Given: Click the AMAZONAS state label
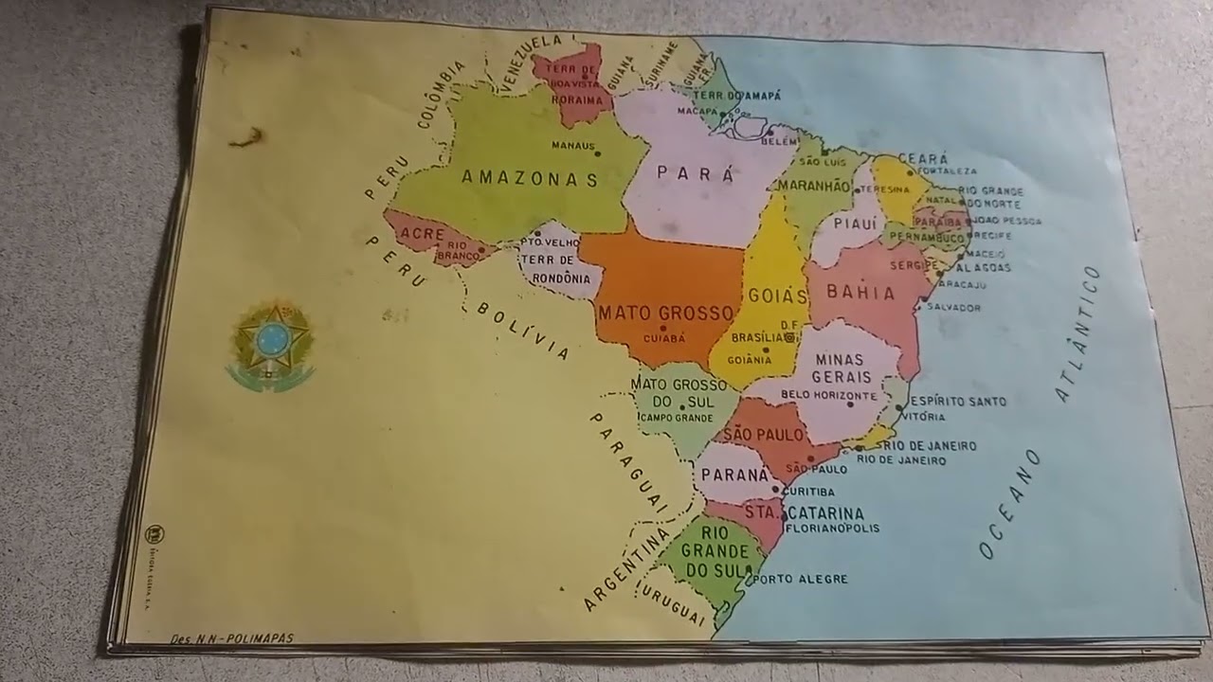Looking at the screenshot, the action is coord(530,178).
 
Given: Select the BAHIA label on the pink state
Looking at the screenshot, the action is coord(860,292).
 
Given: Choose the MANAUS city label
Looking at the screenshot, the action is coord(576,146).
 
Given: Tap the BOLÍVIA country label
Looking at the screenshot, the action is coord(523,331).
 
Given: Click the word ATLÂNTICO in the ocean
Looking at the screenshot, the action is coord(1079,332).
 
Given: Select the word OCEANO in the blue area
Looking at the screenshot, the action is coord(1010,503).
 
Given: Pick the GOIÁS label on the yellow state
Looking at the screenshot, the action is coord(777,296).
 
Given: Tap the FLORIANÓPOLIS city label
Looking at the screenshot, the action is coord(832,529).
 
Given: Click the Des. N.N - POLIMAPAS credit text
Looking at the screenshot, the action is coord(231,638).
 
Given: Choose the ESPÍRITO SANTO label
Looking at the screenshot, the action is coord(959,402).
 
